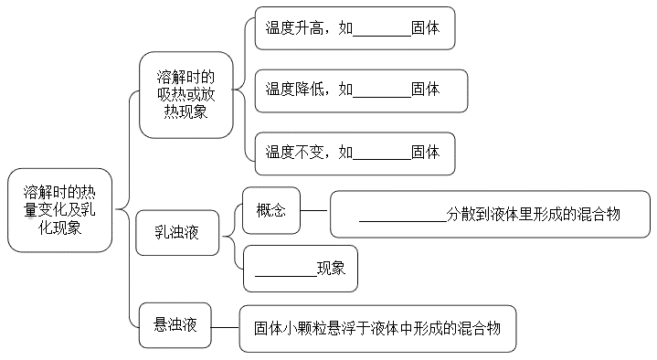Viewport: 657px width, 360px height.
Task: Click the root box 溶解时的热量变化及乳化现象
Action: point(59,210)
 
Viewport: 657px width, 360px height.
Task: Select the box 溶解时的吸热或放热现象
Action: point(185,94)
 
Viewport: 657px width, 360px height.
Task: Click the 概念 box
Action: point(271,211)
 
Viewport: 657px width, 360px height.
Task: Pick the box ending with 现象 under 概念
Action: point(300,269)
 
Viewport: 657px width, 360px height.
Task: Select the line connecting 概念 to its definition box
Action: point(314,210)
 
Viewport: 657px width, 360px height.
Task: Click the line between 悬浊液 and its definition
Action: point(225,326)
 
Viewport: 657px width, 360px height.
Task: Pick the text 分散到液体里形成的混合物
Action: point(534,215)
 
